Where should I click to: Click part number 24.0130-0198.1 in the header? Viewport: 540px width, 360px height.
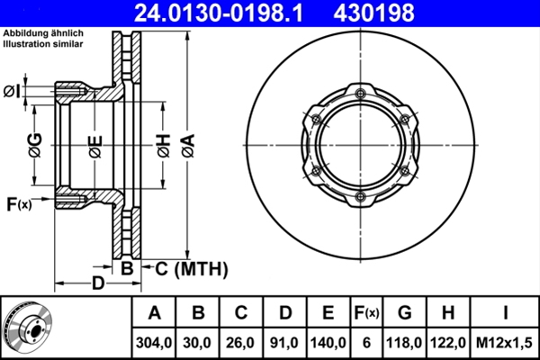point(219,13)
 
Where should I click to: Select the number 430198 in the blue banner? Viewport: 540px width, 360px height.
point(373,13)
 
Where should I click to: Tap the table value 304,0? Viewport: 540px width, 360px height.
point(154,343)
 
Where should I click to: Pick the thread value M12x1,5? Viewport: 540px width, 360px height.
point(504,343)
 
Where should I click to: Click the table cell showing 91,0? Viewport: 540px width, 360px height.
point(284,343)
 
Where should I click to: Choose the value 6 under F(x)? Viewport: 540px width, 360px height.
point(366,343)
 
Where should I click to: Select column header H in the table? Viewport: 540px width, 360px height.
point(447,313)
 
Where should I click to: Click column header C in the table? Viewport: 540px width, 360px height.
point(241,313)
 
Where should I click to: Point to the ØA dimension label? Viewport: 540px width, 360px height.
point(188,146)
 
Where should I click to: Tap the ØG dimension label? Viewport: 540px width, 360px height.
point(35,145)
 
